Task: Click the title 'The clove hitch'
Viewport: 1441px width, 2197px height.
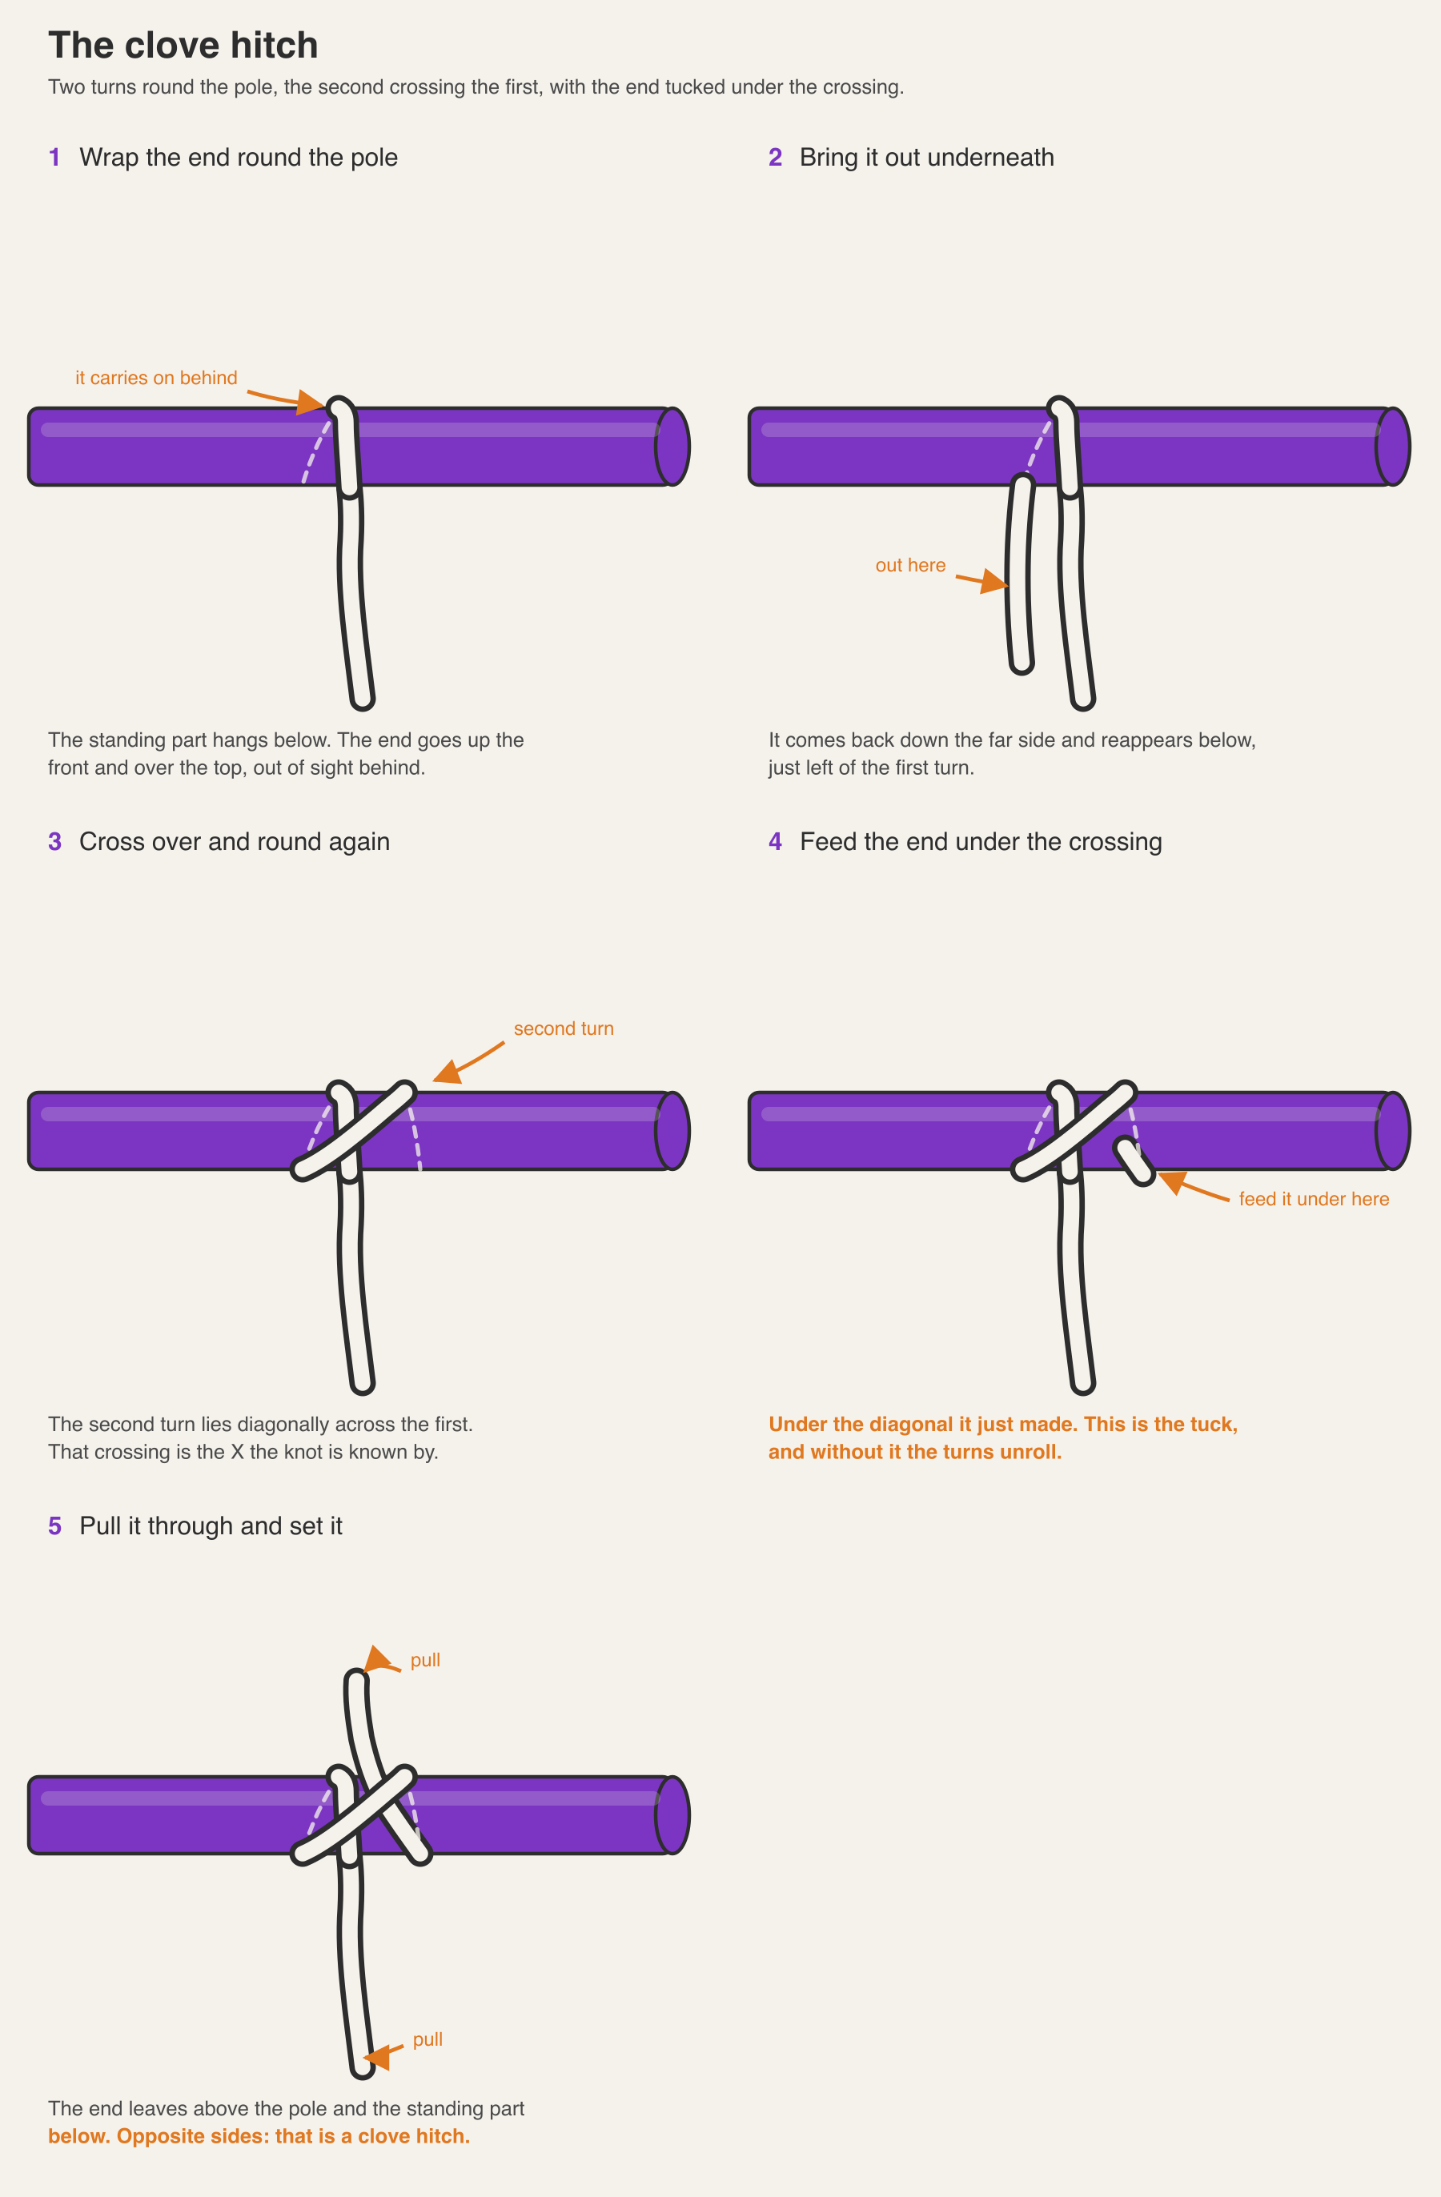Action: coord(183,46)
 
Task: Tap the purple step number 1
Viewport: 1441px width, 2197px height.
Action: coord(54,158)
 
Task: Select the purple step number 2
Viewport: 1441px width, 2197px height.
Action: coord(776,158)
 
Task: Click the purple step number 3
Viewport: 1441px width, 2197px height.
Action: coord(54,842)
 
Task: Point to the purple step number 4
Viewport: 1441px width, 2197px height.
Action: coord(776,842)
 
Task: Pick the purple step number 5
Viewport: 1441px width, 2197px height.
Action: coord(54,1526)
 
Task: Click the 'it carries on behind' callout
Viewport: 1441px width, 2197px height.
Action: coord(156,378)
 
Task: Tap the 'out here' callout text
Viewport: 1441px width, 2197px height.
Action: coord(910,565)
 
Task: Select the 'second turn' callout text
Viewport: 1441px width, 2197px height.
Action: coord(563,1028)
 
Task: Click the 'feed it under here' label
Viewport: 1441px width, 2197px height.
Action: coord(1314,1199)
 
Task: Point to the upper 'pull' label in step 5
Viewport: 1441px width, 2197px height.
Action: coord(424,1661)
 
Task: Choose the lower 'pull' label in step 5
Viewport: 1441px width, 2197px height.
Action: coord(427,2039)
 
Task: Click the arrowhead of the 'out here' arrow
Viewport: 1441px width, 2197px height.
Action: coord(995,583)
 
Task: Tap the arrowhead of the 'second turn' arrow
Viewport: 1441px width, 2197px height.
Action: coord(447,1071)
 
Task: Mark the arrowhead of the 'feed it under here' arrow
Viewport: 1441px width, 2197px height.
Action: coord(1171,1181)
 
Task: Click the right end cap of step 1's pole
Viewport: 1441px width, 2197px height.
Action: coord(672,447)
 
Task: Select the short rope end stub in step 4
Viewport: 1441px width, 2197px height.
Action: coord(1134,1161)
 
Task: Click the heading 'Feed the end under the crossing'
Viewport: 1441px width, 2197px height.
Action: coord(981,842)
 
